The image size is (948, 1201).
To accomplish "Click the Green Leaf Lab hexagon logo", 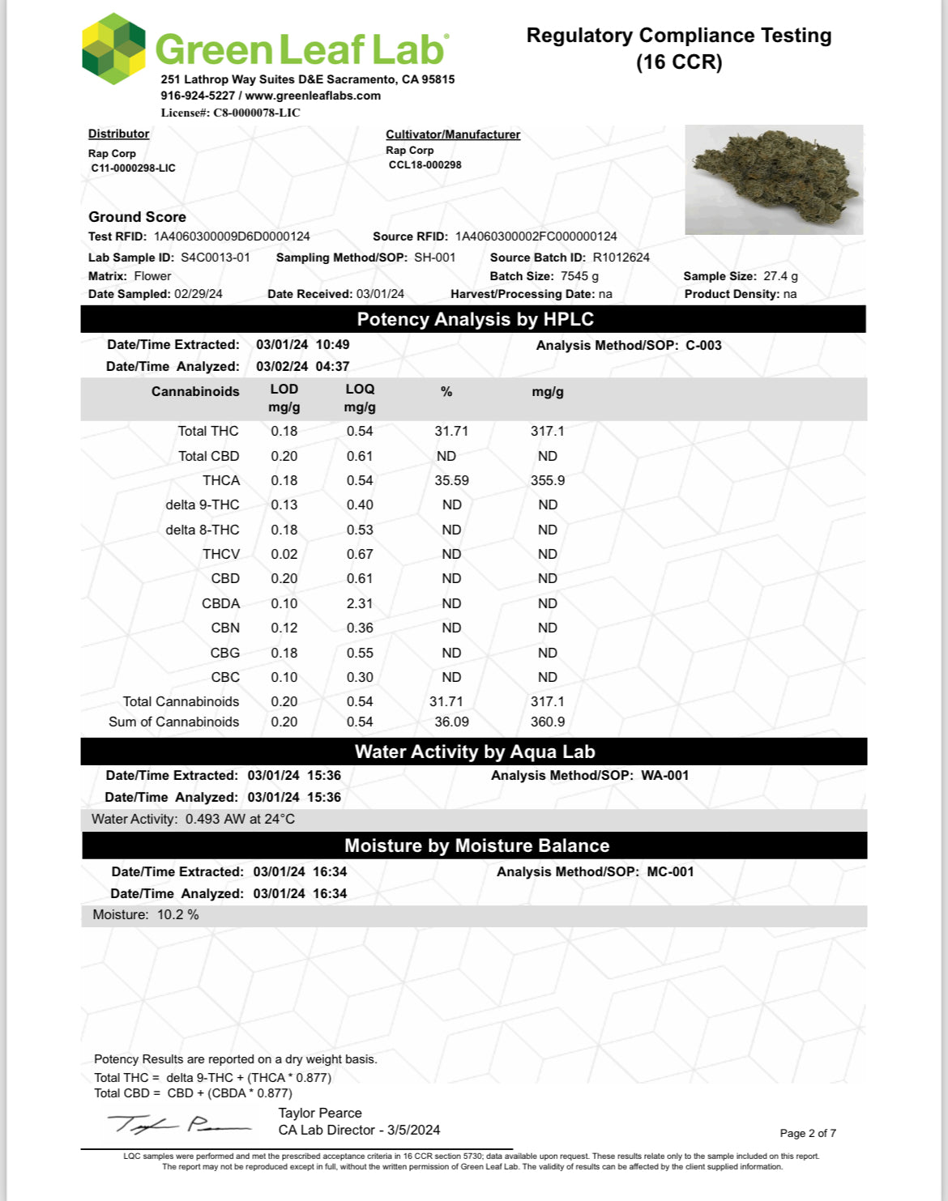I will click(x=114, y=49).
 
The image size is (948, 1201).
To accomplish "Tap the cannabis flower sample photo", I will click(x=774, y=180).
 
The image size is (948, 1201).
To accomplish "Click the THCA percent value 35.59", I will click(x=451, y=480).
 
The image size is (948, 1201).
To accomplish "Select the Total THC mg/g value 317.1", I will click(x=548, y=431).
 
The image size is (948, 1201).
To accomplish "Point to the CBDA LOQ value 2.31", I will click(x=360, y=603).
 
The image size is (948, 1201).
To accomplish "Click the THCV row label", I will click(x=221, y=554).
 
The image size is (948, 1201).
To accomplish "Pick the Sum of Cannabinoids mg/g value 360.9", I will click(x=548, y=722).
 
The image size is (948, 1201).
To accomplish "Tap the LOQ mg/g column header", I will click(x=360, y=398).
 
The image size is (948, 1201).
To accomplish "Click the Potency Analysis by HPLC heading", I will click(x=475, y=319).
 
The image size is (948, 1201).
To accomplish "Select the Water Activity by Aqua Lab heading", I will click(x=475, y=752).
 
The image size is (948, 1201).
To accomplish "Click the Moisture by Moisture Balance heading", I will click(x=476, y=845).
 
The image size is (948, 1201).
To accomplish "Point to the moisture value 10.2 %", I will click(x=178, y=914).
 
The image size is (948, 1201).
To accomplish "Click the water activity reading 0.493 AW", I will click(x=215, y=819).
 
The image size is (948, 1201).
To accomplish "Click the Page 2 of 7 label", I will click(x=808, y=1133).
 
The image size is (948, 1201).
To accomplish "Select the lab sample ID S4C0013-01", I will click(x=216, y=258).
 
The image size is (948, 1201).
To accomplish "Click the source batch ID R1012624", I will click(x=621, y=258).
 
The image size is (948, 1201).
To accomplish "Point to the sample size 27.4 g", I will click(x=780, y=276).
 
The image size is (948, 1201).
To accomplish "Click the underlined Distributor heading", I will click(x=118, y=134).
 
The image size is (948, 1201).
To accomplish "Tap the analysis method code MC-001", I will click(x=670, y=871).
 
